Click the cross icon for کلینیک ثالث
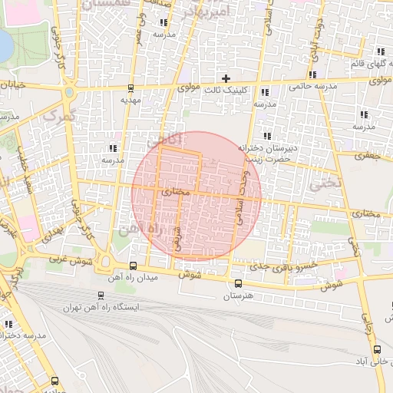[226, 78]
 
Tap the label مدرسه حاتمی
[313, 88]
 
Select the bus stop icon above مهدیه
[131, 88]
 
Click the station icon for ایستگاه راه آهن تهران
[101, 296]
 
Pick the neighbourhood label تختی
[323, 184]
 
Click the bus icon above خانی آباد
[376, 349]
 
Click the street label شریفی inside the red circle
[178, 239]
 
